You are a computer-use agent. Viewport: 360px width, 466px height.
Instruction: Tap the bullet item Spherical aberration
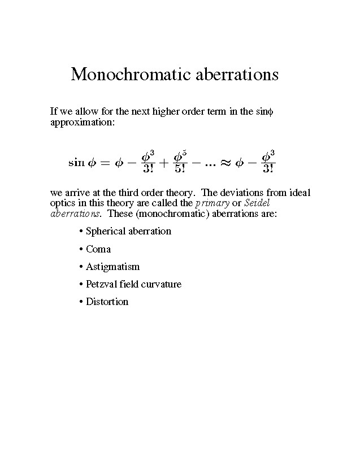point(128,231)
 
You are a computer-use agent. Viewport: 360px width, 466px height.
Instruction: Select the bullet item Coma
point(98,249)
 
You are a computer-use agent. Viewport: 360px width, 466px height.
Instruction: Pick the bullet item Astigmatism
point(112,267)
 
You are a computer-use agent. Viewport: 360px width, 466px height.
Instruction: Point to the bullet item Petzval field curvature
point(133,284)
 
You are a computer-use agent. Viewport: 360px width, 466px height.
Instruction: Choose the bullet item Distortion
point(107,302)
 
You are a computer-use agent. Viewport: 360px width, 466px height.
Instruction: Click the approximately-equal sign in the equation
point(225,162)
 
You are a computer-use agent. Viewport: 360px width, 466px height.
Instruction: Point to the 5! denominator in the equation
point(180,168)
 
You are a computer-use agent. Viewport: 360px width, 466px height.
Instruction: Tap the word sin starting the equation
point(76,162)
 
